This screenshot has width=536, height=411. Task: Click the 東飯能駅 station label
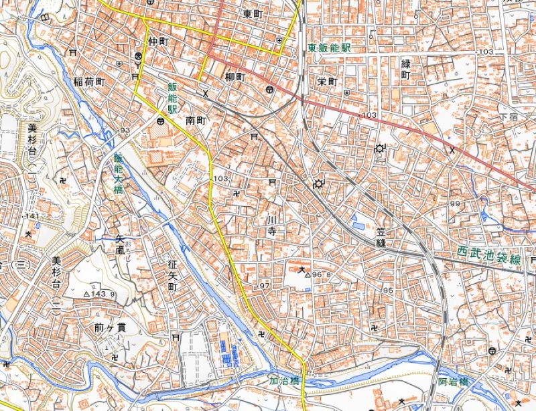(329, 49)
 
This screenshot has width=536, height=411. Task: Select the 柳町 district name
(235, 77)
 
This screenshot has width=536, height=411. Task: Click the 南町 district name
(194, 121)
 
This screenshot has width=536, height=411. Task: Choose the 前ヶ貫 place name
(111, 328)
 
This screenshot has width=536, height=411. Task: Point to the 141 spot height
(32, 217)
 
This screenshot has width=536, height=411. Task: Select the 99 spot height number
(457, 204)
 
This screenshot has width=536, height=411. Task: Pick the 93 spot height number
(125, 130)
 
